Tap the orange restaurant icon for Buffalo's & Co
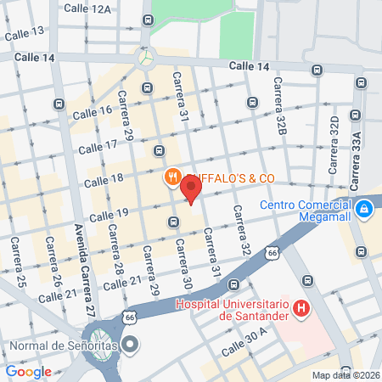click(171, 177)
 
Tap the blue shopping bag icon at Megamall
click(364, 207)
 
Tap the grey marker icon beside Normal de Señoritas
click(130, 345)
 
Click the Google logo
click(28, 371)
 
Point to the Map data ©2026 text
click(345, 375)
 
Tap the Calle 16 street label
click(93, 112)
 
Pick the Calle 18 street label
click(105, 180)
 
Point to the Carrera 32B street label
click(278, 98)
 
